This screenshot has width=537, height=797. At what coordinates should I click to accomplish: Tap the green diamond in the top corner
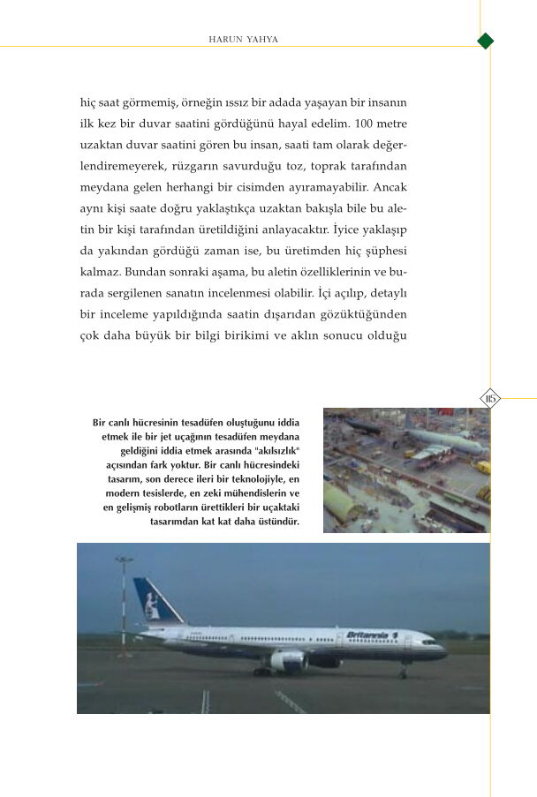(x=485, y=41)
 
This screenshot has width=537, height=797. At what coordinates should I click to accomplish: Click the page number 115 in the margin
(x=490, y=399)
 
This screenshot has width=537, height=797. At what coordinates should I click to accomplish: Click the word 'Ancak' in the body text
(x=389, y=187)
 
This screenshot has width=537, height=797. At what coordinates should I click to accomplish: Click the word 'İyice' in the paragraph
(x=351, y=229)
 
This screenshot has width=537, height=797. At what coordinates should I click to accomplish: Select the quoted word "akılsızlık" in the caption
(x=277, y=450)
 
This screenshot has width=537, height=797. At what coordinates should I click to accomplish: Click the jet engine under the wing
(x=288, y=659)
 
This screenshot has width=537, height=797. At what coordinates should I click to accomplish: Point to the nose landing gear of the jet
(x=403, y=671)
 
